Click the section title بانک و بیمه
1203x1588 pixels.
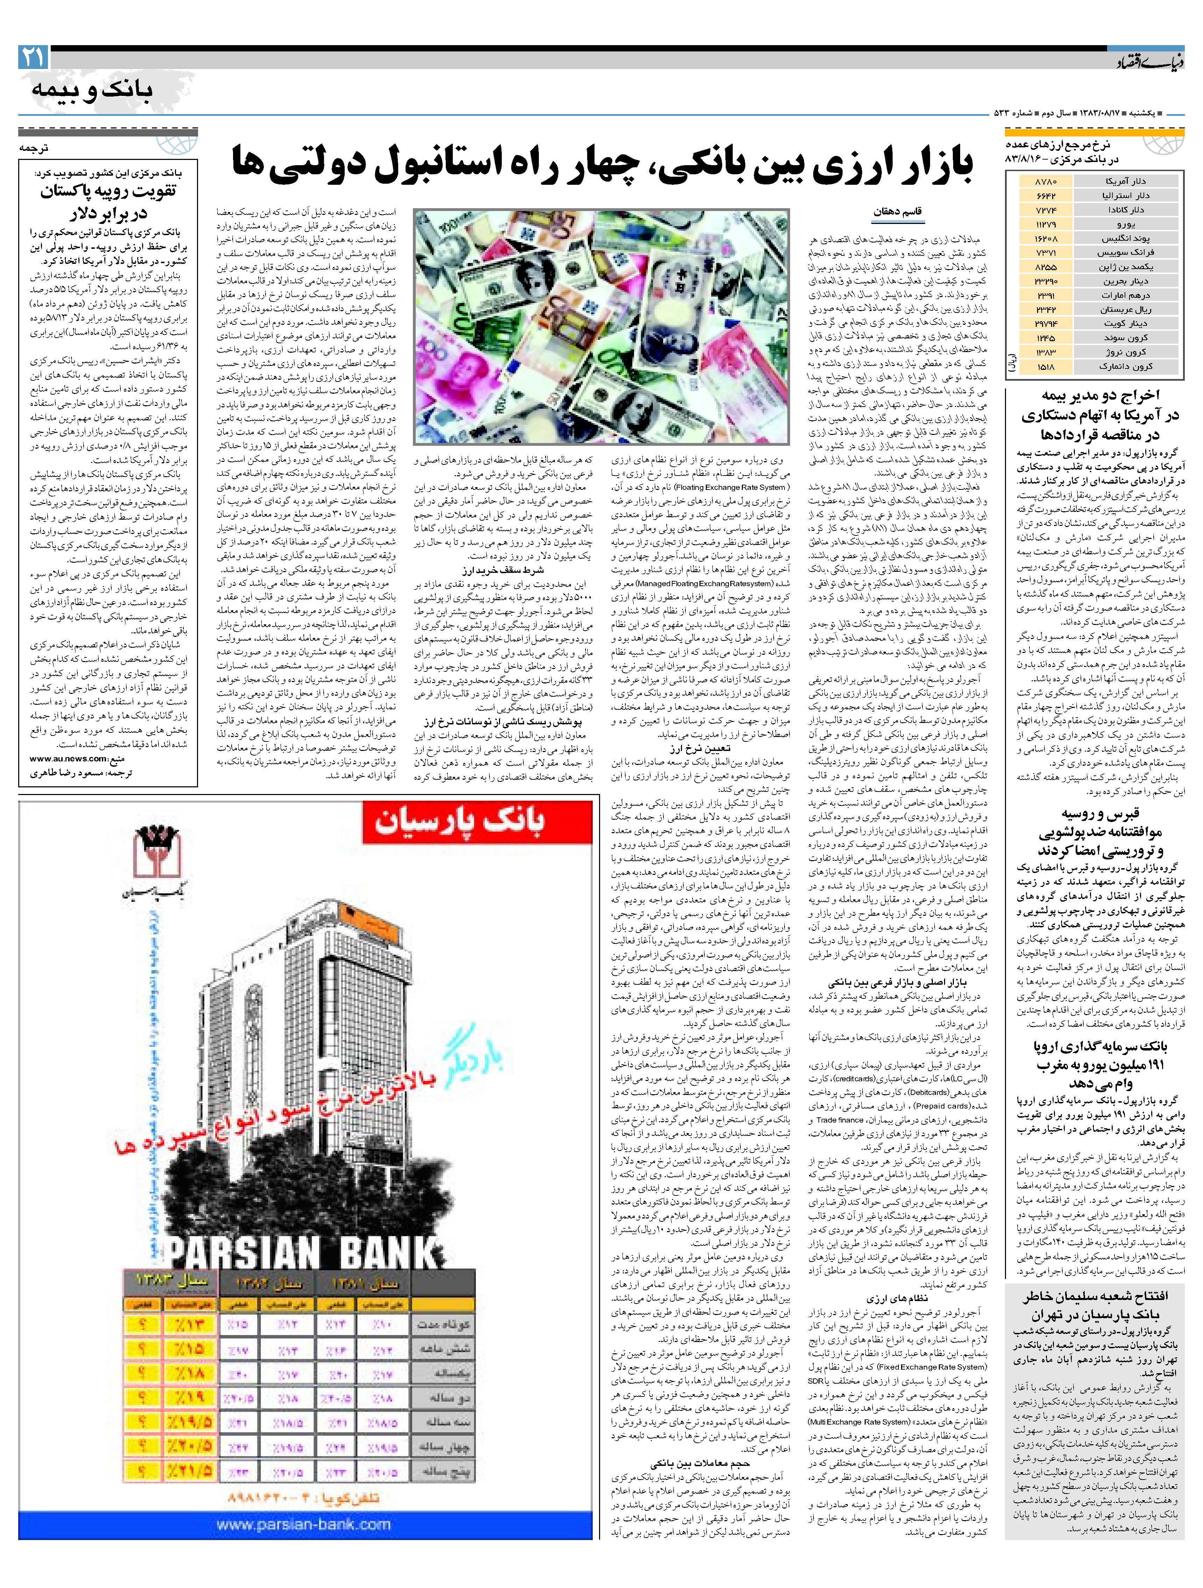pyautogui.click(x=92, y=90)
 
